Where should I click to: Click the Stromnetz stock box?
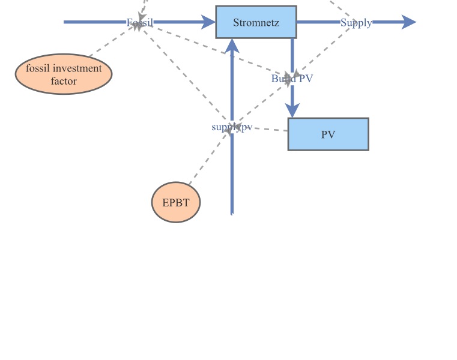click(x=256, y=22)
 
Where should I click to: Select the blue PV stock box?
click(x=328, y=134)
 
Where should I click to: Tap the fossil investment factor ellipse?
click(x=64, y=74)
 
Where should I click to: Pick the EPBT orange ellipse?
click(x=175, y=203)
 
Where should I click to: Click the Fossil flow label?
click(x=139, y=23)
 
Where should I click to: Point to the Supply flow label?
click(x=356, y=23)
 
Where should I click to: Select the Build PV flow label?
click(x=292, y=79)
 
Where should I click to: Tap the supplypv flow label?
click(x=232, y=127)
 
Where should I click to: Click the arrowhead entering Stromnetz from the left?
click(x=209, y=22)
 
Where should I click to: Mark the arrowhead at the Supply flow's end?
click(x=409, y=22)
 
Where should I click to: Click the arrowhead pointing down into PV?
click(x=292, y=111)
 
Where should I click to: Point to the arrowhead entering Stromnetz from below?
click(x=232, y=46)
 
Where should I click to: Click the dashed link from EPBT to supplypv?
click(x=208, y=157)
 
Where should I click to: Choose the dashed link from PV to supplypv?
click(x=264, y=129)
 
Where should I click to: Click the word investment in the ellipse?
click(x=77, y=68)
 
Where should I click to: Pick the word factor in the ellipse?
click(x=64, y=81)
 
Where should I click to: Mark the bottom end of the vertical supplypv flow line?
click(x=232, y=212)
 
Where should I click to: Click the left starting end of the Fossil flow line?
click(x=65, y=22)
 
